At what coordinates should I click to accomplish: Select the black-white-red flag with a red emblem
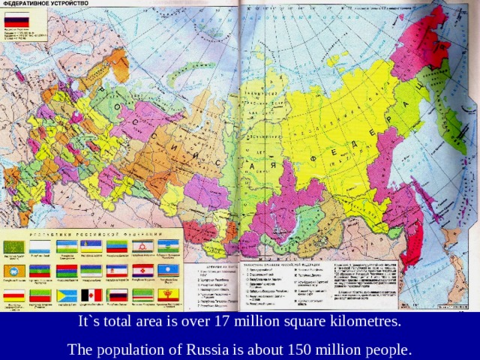point(91,295)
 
